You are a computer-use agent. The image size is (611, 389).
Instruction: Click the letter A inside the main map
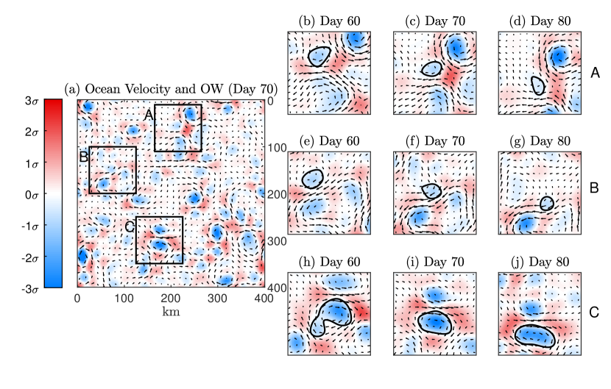tap(147, 114)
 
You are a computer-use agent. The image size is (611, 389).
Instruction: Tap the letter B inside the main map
tap(83, 156)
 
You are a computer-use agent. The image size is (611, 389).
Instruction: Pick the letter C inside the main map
tap(129, 227)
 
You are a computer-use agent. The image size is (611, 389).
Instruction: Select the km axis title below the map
tap(170, 311)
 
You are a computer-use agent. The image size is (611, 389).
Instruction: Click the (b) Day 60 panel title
tap(328, 21)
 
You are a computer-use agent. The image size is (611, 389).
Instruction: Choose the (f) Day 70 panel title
tap(432, 140)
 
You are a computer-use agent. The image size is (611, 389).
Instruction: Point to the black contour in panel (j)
tap(515, 335)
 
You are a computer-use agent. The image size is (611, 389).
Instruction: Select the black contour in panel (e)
tap(303, 179)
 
